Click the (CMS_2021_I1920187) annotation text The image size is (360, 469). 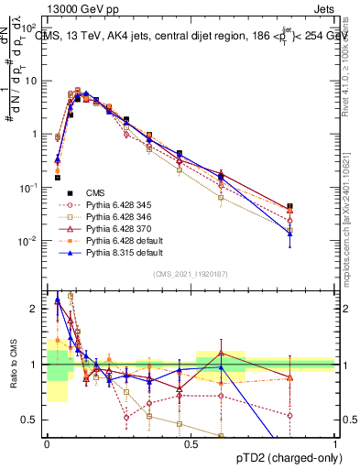click(190, 274)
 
